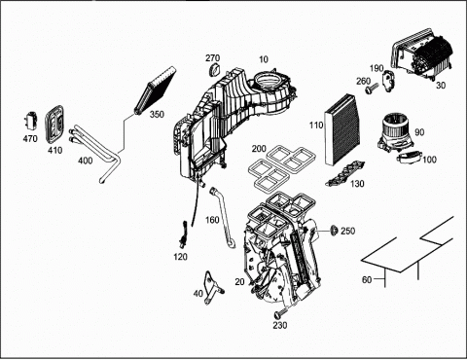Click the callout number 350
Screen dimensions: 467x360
point(157,114)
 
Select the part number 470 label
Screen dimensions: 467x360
point(30,139)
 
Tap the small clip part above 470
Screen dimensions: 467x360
point(31,121)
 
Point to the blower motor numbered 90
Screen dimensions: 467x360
point(396,133)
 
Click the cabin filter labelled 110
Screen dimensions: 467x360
point(342,128)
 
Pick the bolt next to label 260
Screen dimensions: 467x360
point(372,89)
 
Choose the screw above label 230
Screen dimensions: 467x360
point(281,313)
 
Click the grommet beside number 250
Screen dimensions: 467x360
point(334,231)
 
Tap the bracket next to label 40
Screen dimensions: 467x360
point(212,288)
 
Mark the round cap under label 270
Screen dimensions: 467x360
point(214,70)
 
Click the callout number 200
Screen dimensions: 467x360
point(259,149)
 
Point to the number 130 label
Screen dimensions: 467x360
point(357,184)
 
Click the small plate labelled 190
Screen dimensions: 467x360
point(389,81)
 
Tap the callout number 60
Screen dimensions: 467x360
point(367,279)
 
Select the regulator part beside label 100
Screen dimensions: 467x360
point(410,158)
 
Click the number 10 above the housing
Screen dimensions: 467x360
point(264,59)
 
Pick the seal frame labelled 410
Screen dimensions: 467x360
point(54,124)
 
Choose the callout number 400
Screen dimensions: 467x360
point(85,161)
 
